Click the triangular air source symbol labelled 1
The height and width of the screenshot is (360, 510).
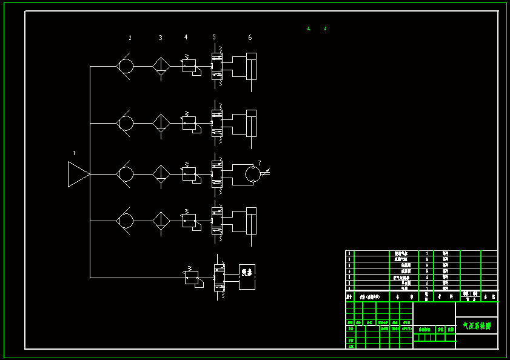click(78, 174)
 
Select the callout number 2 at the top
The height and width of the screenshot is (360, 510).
click(130, 38)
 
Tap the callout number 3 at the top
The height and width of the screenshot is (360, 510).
click(161, 38)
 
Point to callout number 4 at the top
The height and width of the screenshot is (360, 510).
click(186, 38)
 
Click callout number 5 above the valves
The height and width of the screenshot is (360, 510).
click(214, 38)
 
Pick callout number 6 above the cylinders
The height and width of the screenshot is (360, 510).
click(250, 38)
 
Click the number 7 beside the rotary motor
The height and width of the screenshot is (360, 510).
click(260, 162)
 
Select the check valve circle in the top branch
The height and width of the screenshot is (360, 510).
click(126, 66)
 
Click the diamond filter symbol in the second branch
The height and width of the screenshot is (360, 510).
click(161, 123)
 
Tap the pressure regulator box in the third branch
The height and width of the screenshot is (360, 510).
click(189, 174)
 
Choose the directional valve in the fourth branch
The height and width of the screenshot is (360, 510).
click(216, 220)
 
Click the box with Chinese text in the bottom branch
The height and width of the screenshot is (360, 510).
click(247, 277)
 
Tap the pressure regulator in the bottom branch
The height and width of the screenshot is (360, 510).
click(192, 278)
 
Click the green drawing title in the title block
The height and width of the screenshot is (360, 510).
click(477, 326)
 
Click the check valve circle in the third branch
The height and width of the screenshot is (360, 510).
click(126, 174)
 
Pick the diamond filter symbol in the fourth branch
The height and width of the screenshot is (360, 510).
click(161, 220)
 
